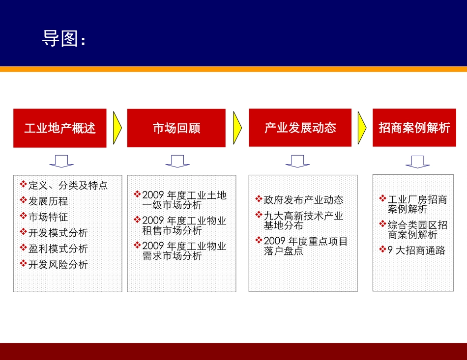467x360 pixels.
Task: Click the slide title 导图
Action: [64, 39]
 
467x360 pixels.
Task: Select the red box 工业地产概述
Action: [59, 128]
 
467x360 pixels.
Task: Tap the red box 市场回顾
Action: [176, 128]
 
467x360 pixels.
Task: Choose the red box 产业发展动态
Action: [300, 128]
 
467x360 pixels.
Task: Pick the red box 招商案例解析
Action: [414, 128]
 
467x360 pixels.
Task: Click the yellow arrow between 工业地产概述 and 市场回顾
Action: [117, 128]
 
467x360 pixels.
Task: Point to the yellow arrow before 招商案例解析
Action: [362, 128]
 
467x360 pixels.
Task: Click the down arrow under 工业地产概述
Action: [61, 161]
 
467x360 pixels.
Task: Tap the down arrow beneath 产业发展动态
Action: [297, 161]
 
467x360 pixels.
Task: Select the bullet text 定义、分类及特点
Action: [68, 185]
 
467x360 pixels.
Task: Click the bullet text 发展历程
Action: [48, 201]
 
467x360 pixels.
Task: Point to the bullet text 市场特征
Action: [48, 217]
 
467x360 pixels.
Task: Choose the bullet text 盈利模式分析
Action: [58, 249]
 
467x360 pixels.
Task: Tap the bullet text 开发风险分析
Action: [58, 264]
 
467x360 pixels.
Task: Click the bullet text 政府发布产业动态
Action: [303, 200]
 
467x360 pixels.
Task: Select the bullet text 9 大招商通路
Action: [416, 250]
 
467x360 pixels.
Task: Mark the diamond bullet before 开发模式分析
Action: [23, 232]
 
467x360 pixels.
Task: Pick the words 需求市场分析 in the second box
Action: [172, 256]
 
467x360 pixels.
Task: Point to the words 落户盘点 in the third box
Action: [284, 251]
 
